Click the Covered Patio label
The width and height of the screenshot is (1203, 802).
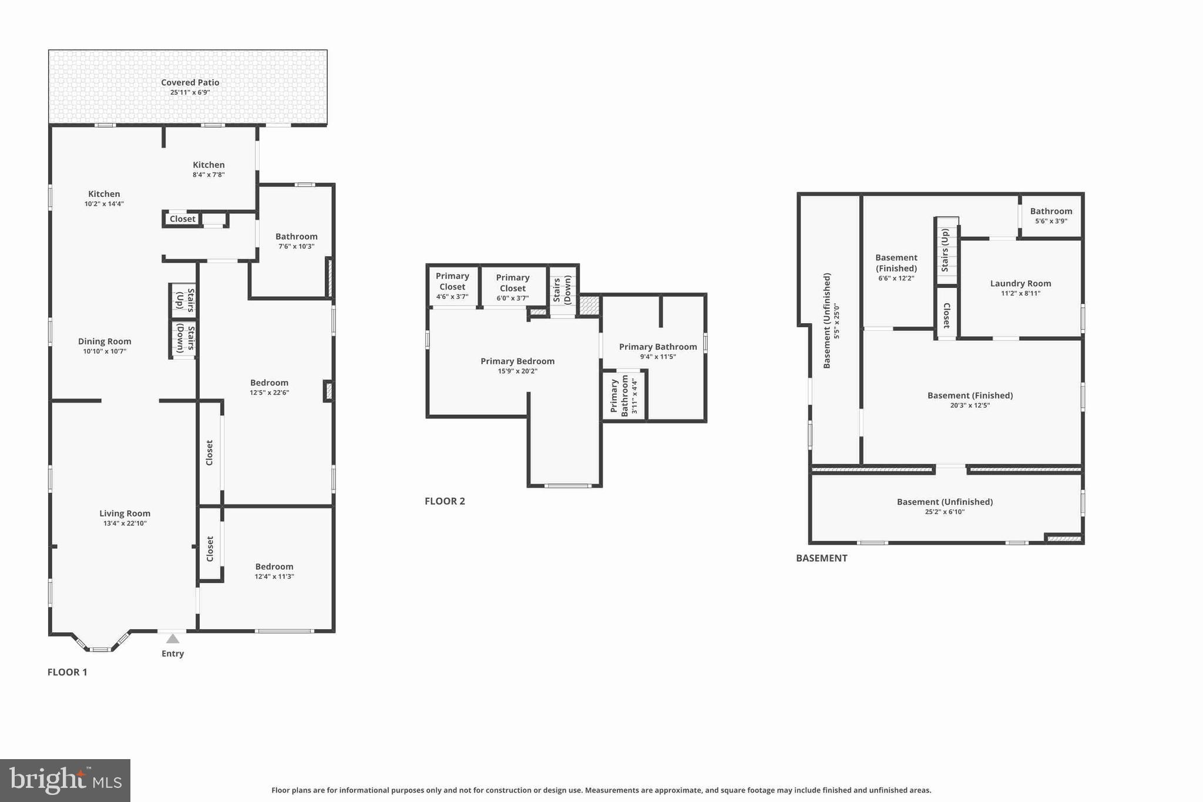point(190,83)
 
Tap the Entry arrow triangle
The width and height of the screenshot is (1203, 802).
point(173,639)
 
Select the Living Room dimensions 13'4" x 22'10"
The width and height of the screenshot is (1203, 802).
point(125,524)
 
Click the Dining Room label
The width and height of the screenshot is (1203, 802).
point(105,341)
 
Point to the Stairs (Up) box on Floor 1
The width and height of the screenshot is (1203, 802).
point(183,300)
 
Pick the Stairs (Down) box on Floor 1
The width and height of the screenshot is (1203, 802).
point(183,338)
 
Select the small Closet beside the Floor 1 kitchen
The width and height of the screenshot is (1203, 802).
point(182,219)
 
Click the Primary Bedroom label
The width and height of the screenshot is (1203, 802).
point(517,361)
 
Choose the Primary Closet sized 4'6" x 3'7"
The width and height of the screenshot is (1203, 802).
point(452,286)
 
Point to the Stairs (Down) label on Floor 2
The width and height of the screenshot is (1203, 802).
point(562,290)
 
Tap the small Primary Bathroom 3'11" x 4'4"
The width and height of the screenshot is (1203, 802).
point(624,395)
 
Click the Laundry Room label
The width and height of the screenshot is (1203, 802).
point(1020,284)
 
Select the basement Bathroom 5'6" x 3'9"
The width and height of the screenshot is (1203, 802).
point(1051,216)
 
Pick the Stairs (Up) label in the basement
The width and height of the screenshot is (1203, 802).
point(945,250)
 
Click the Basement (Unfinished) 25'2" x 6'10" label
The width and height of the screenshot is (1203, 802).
point(945,502)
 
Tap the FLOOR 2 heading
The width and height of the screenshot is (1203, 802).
point(445,501)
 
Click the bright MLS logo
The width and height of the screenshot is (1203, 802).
point(65,780)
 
